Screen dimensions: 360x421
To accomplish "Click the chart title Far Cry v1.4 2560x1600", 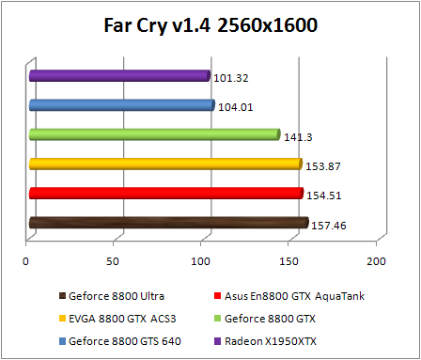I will (210, 25).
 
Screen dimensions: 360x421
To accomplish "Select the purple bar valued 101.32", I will (119, 75).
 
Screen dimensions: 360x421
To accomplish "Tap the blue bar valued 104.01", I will (122, 105).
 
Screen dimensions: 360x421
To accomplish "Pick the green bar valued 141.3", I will (155, 134).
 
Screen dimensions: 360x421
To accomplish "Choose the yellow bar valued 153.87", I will (165, 164).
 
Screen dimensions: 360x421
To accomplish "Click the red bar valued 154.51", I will (166, 194).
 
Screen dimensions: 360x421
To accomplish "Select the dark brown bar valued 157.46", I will (169, 223).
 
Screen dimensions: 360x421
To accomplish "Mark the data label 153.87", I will (321, 166).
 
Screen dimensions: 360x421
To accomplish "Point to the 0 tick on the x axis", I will (27, 260).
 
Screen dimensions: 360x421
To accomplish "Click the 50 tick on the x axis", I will (115, 260).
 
